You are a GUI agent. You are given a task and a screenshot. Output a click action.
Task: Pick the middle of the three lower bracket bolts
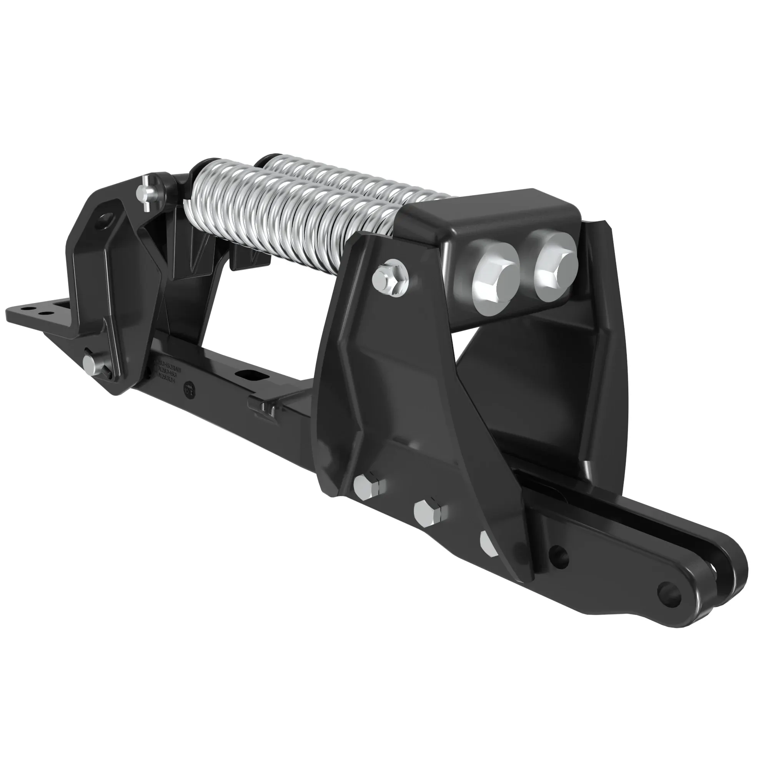pos(428,514)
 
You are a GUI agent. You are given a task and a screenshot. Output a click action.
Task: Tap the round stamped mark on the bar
pos(189,389)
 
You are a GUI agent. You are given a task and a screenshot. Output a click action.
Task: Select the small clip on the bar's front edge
pos(263,406)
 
